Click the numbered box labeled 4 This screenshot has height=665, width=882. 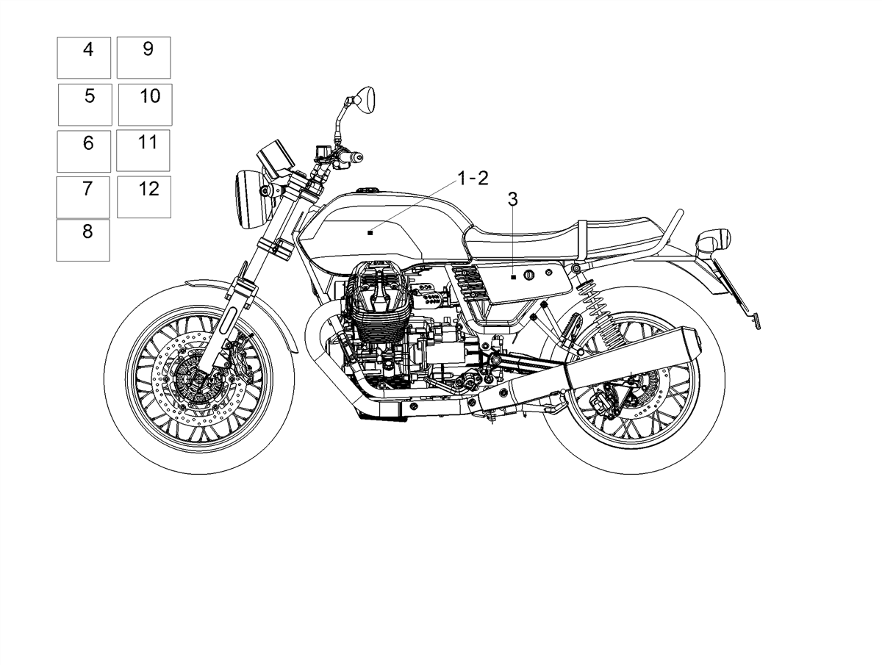point(84,58)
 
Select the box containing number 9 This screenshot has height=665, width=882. point(143,57)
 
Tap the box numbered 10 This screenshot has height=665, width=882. point(145,104)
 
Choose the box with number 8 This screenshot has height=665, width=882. point(83,240)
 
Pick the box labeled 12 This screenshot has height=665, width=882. point(144,197)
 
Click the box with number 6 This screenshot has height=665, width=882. point(84,151)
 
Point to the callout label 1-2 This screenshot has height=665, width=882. point(473,179)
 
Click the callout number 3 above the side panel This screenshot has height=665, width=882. point(513,199)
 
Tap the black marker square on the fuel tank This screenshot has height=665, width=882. point(370,232)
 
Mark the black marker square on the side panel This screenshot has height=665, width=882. point(513,277)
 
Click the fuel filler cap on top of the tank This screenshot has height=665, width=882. point(367,190)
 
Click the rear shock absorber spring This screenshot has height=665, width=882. point(603,315)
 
